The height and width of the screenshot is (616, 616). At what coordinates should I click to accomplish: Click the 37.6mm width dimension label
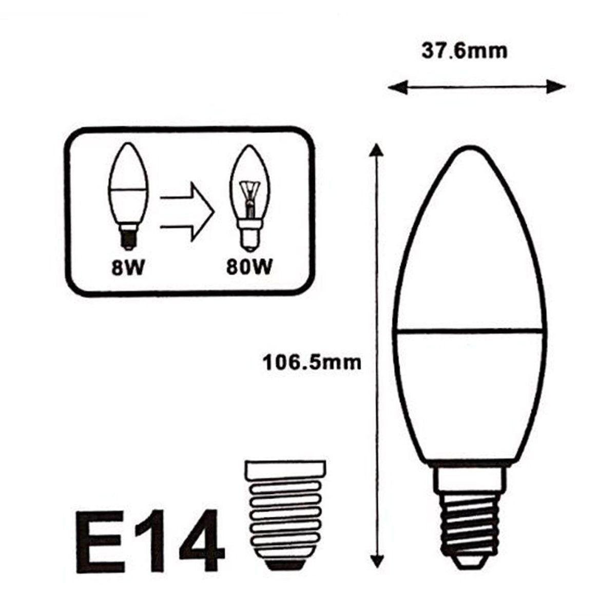[x=465, y=51]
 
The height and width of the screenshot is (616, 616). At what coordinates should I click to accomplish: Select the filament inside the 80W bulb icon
[x=248, y=198]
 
